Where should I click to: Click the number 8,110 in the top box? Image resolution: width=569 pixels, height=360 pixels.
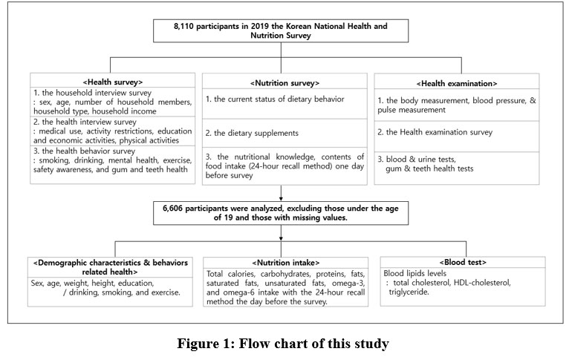[x=183, y=27]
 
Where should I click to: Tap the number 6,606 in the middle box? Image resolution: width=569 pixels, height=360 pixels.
[x=173, y=209]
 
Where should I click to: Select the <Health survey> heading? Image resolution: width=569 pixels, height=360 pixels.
[x=112, y=82]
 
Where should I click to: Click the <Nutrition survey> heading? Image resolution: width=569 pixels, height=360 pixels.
[x=284, y=83]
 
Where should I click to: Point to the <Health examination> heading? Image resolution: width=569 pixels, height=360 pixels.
[x=457, y=83]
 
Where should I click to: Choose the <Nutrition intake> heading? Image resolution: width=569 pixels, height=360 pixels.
[x=285, y=263]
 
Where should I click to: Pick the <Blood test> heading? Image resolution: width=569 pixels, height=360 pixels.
[x=463, y=262]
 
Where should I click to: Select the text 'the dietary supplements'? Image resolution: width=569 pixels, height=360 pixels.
[x=256, y=133]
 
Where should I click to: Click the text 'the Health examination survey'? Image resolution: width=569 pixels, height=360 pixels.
[x=439, y=132]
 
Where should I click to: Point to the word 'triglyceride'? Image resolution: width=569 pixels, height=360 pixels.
[x=409, y=292]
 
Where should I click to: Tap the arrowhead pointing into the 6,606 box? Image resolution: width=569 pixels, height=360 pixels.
[x=281, y=199]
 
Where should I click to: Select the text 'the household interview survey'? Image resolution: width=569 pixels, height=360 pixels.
[x=97, y=93]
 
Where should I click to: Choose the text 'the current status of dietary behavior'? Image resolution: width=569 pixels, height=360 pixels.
[x=279, y=99]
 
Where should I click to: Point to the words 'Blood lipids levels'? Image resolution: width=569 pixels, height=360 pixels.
[x=414, y=273]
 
